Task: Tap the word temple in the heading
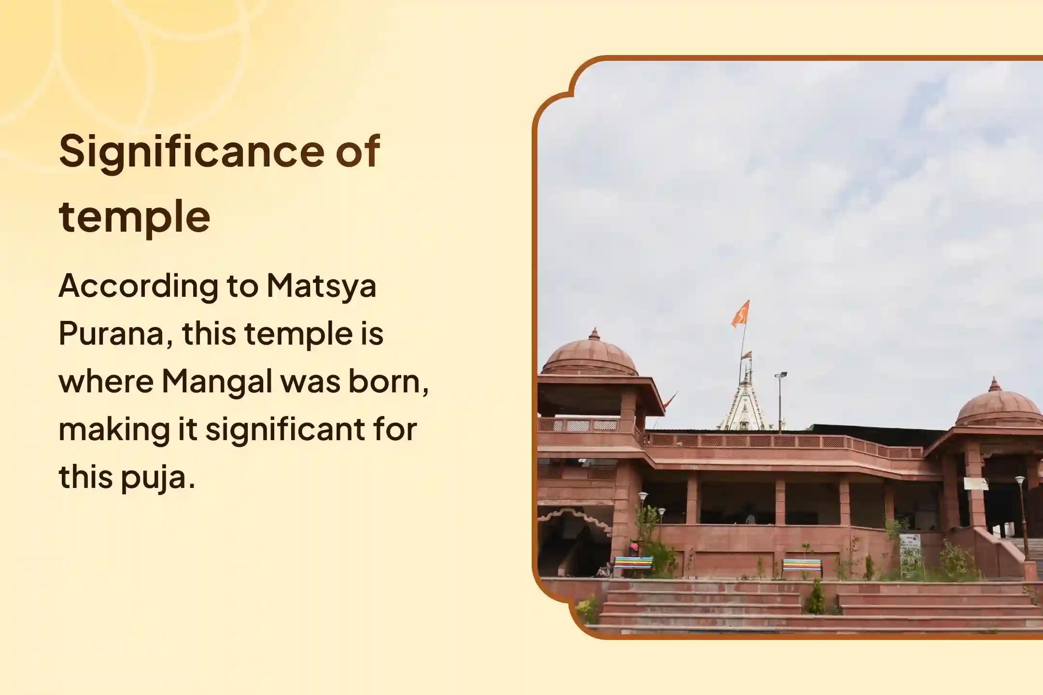coord(134,216)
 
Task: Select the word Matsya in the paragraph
coord(321,286)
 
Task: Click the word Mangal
coord(217,381)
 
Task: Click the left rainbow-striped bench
coord(633,564)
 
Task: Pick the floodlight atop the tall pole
coord(780,375)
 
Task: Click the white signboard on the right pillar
coord(976,483)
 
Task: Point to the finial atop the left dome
coord(594,334)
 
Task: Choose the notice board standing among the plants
coord(909,547)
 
